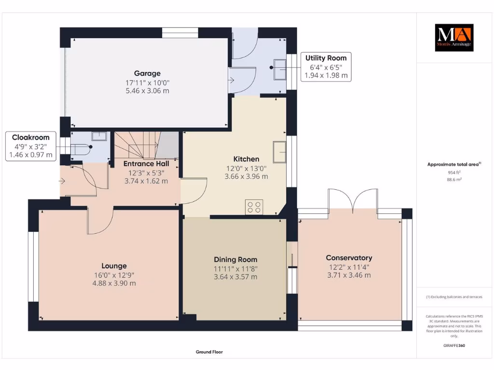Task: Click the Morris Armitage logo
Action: pyautogui.click(x=454, y=38)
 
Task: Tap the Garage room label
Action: pyautogui.click(x=147, y=73)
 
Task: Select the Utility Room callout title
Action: pyautogui.click(x=326, y=58)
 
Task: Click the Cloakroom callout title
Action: pyautogui.click(x=31, y=137)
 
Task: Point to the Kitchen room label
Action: pyautogui.click(x=246, y=159)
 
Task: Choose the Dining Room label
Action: pyautogui.click(x=235, y=260)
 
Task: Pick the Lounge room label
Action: pyautogui.click(x=114, y=265)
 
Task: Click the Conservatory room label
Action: pyautogui.click(x=349, y=258)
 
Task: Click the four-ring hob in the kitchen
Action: pyautogui.click(x=254, y=207)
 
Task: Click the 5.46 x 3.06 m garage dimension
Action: pyautogui.click(x=147, y=91)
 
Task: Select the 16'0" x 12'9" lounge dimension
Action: pyautogui.click(x=114, y=275)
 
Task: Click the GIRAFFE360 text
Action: pyautogui.click(x=454, y=345)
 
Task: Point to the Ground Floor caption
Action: pyautogui.click(x=209, y=352)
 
